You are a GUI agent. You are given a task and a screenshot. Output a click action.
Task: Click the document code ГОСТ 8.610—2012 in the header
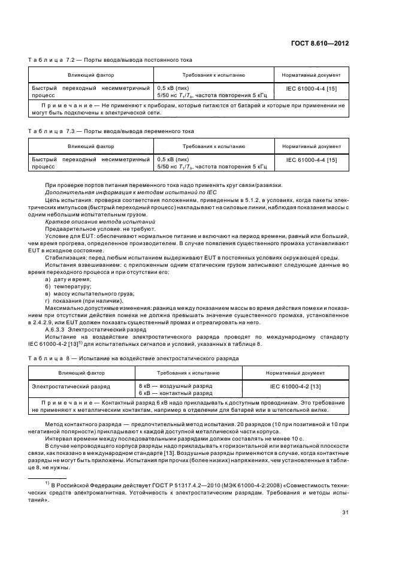click(320, 43)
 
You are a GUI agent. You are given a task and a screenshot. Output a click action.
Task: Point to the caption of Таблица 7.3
click(111, 131)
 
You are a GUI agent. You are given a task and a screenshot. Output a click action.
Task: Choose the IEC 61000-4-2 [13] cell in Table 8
click(304, 387)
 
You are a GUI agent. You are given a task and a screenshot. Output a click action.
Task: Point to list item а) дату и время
click(68, 279)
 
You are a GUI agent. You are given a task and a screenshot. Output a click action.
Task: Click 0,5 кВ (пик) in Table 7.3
click(173, 159)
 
